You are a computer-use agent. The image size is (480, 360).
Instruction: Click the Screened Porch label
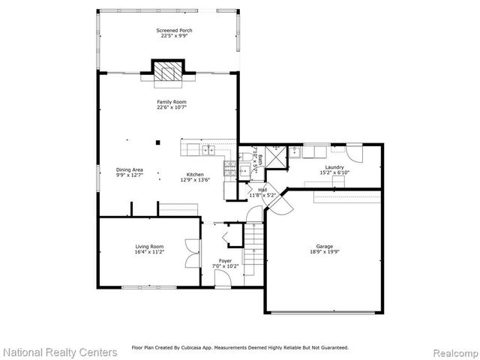(x=174, y=31)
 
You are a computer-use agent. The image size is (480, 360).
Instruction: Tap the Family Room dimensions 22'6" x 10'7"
(x=172, y=107)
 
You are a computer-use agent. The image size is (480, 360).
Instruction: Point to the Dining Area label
(x=129, y=169)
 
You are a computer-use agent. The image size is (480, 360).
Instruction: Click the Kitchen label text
(x=195, y=175)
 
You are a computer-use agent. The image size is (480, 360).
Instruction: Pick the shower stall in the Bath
(x=275, y=157)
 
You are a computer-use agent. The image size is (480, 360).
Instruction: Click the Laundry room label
(x=334, y=167)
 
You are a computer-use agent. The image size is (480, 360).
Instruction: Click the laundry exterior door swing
(x=355, y=153)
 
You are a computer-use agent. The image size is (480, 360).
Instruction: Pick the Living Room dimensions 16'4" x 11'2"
(x=149, y=251)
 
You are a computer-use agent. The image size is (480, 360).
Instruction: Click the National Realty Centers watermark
(x=60, y=351)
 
